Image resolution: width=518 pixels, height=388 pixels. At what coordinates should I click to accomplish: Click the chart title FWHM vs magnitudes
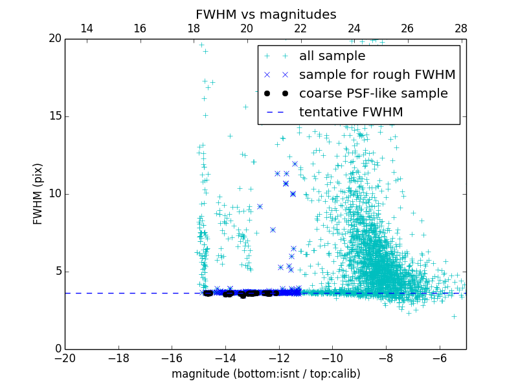point(265,14)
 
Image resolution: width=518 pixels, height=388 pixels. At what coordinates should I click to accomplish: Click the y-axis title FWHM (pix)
point(38,193)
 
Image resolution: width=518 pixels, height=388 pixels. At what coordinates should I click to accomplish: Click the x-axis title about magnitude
point(265,374)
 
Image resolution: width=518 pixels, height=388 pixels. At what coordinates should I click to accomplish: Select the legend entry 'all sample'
point(332,56)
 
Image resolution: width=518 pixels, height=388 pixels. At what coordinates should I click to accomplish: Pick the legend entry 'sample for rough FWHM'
point(377,75)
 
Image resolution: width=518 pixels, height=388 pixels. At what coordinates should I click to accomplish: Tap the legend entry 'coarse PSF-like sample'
point(373,94)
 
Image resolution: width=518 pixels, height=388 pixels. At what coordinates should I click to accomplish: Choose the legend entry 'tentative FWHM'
point(351,113)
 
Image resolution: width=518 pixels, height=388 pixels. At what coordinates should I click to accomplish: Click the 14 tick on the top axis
point(86,28)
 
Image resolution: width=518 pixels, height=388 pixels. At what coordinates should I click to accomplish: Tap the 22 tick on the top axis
point(300,28)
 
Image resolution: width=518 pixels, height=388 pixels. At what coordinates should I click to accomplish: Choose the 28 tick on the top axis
point(461,28)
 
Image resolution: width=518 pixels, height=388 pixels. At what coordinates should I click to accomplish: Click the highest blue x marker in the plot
point(295,164)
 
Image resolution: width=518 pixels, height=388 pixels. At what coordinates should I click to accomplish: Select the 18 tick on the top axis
point(194,28)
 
